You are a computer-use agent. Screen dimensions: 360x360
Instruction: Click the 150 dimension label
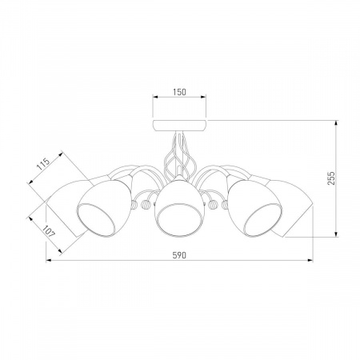point(179,92)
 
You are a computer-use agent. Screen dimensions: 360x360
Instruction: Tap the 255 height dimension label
point(331,178)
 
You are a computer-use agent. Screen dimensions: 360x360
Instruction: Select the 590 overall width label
point(179,255)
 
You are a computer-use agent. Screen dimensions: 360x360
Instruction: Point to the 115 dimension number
point(43,164)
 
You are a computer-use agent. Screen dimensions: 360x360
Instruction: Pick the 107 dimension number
point(49,232)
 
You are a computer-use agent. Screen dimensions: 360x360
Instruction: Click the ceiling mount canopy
point(179,126)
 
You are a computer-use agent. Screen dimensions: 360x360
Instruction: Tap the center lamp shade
point(180,207)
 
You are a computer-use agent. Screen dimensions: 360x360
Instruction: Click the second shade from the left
point(104,208)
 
